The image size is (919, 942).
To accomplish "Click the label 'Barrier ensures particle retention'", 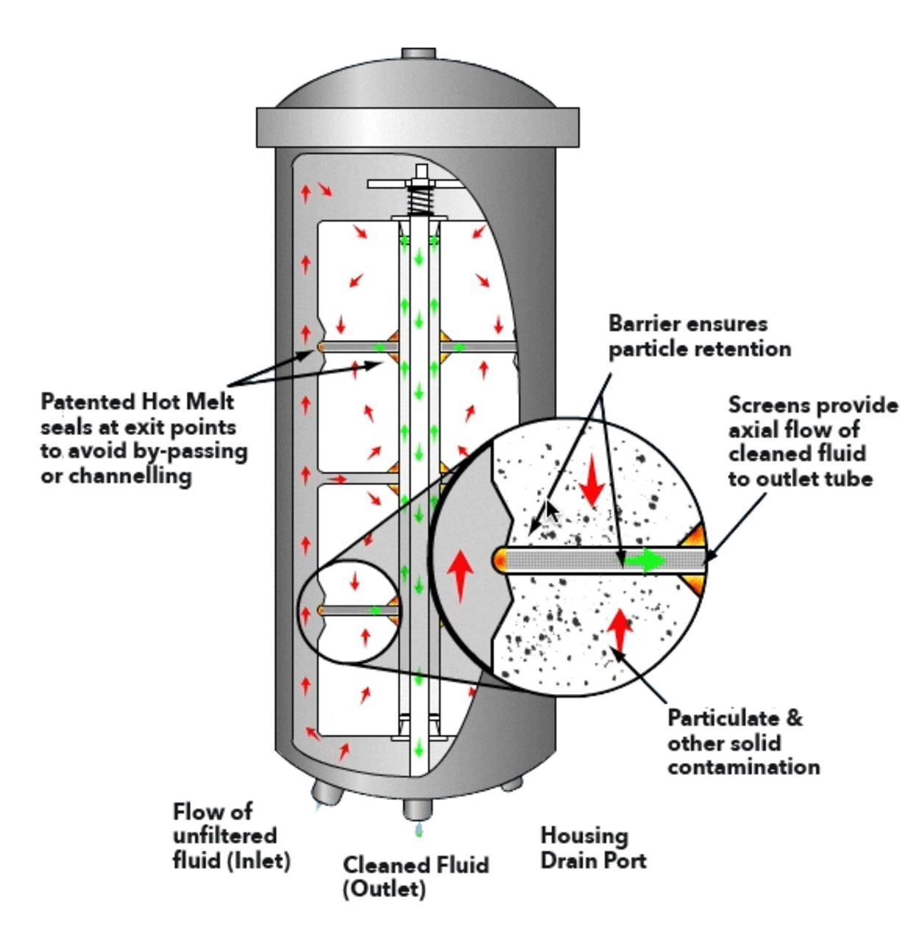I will pos(699,336).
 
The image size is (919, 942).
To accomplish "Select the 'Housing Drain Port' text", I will pos(593,848).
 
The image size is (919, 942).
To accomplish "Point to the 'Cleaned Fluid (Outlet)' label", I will pos(416,876).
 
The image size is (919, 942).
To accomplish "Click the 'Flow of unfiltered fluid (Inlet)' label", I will pos(232,836).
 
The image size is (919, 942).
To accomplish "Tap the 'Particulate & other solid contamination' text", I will pos(743,742).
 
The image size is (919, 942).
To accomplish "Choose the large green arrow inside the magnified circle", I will pos(645,561).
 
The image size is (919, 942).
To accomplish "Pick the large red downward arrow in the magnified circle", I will pos(592,484).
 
